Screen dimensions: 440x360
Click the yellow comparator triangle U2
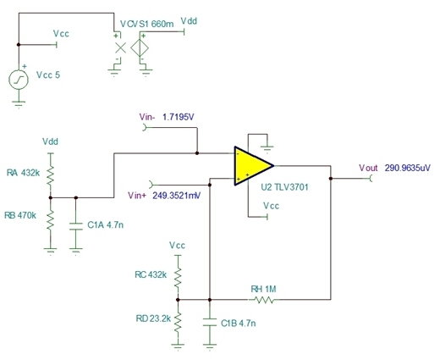pos(252,166)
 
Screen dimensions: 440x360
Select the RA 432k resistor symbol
pos(51,175)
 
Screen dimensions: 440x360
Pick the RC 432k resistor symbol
pos(178,277)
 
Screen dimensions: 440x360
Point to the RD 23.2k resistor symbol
pos(178,323)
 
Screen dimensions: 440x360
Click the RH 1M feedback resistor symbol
pos(264,299)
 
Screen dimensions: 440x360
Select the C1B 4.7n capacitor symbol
pos(210,323)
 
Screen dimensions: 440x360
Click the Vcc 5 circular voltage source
pos(19,80)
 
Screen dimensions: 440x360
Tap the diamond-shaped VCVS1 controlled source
pos(140,48)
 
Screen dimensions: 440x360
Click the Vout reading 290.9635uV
pos(408,168)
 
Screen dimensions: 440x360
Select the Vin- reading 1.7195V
pos(179,117)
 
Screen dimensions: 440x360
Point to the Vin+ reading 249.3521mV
pos(177,196)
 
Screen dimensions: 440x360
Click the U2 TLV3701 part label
pos(284,187)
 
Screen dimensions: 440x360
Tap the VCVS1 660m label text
pos(147,24)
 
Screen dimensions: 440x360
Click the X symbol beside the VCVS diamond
pos(121,48)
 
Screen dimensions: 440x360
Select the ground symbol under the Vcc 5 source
pos(19,104)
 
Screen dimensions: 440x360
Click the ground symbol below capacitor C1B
pos(210,347)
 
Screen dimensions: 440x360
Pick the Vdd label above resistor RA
pos(50,141)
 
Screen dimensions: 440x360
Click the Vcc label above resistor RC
pos(178,246)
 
